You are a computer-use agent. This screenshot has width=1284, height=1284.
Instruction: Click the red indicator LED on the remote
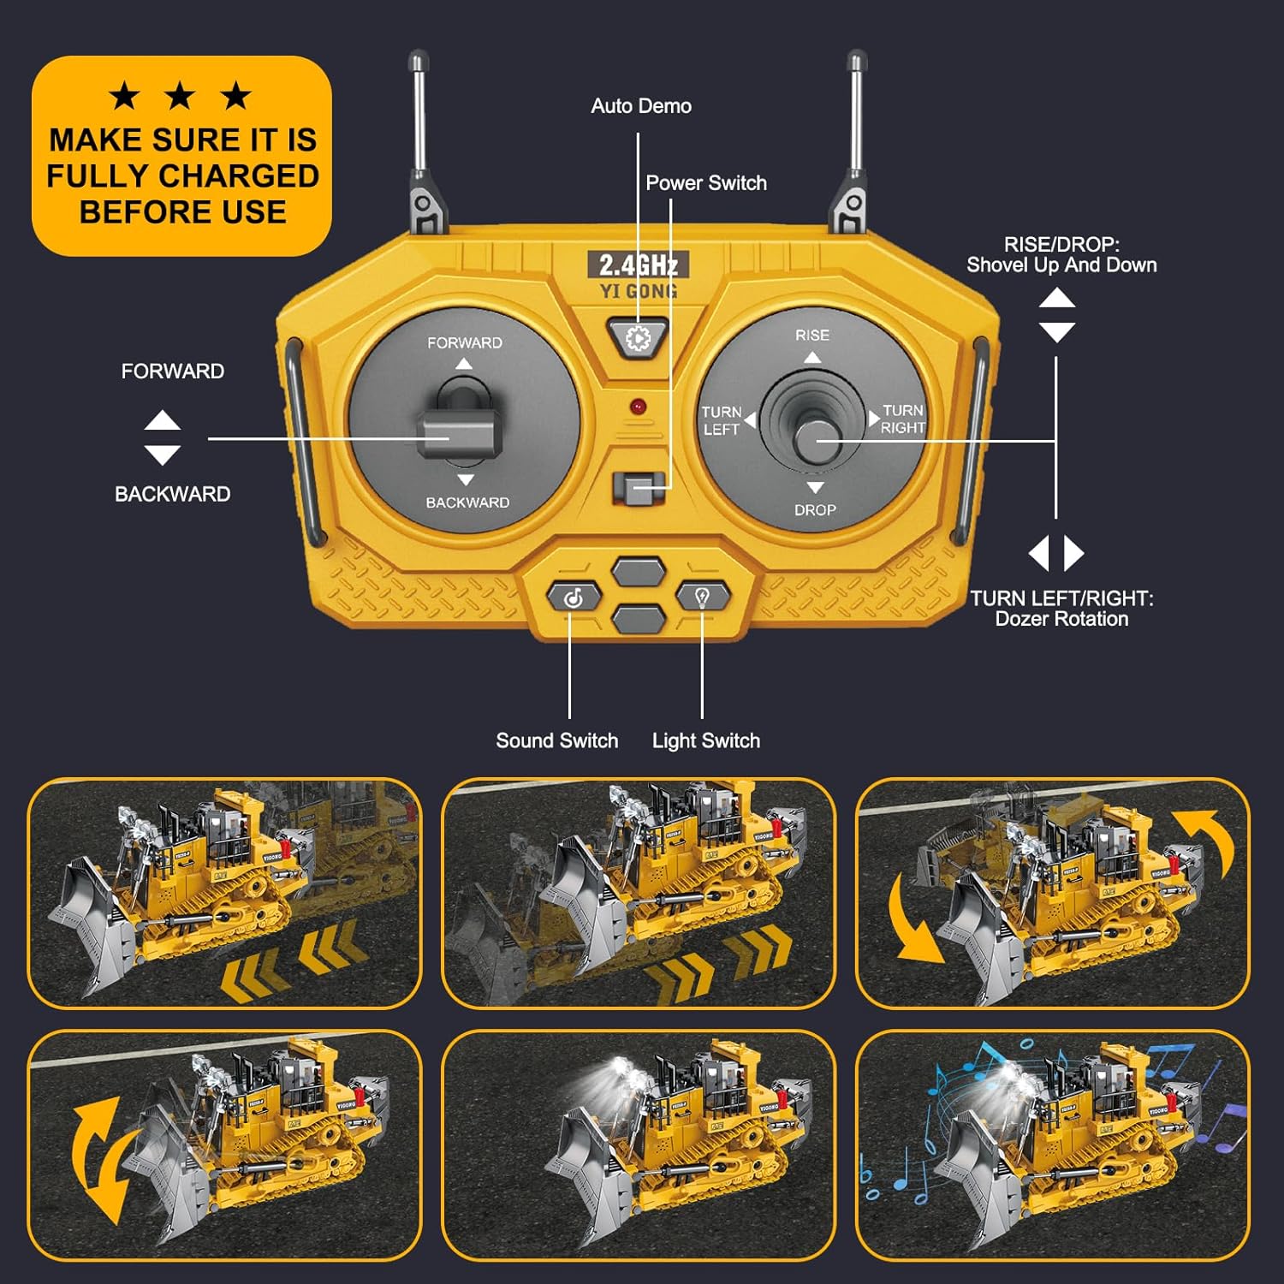coord(638,407)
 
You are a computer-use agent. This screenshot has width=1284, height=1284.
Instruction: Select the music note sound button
coord(574,597)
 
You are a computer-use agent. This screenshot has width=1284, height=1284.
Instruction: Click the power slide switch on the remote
coord(639,489)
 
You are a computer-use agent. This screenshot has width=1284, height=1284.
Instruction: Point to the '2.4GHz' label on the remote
coord(639,265)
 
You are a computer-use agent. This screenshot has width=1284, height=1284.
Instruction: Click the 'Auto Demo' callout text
coord(641,106)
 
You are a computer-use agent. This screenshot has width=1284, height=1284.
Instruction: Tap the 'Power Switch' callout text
coord(706,183)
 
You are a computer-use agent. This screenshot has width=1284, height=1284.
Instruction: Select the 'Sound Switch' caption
coord(556,740)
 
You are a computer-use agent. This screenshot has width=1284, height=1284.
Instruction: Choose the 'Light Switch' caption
coord(706,740)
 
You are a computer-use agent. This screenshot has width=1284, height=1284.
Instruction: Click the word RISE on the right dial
coord(811,336)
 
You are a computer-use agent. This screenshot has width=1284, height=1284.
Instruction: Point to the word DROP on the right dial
coord(815,510)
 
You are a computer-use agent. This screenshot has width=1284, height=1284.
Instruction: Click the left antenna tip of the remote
coord(418,61)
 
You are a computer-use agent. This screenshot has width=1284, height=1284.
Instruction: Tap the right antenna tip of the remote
coord(856,61)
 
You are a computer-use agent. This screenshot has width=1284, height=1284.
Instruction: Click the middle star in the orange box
coord(180,96)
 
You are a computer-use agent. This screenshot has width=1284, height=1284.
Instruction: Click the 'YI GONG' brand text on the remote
coord(639,292)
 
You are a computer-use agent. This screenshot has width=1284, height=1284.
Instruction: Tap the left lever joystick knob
coord(460,434)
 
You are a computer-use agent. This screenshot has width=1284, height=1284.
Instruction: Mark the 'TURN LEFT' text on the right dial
coord(721,420)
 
